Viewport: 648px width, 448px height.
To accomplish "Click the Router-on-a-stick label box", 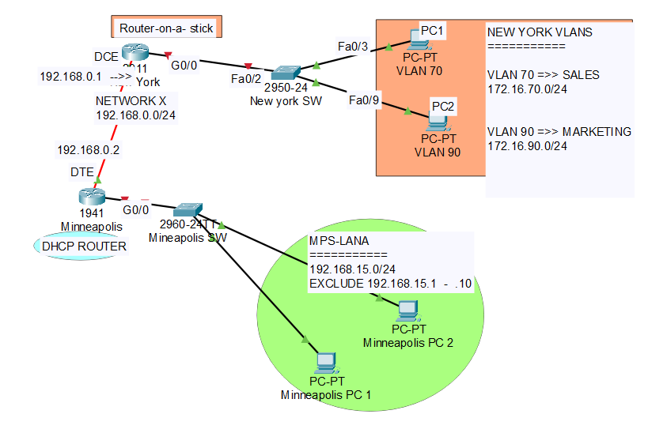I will point(166,28).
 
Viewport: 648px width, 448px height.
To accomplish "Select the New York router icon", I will point(135,55).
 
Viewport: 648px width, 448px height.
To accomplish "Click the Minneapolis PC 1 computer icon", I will point(324,363).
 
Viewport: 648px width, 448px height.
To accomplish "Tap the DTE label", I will point(82,171).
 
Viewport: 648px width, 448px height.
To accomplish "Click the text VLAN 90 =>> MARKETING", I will point(559,131).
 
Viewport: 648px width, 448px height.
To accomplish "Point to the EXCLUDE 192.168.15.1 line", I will point(390,282).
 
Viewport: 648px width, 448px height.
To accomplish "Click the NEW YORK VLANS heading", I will point(540,32).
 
